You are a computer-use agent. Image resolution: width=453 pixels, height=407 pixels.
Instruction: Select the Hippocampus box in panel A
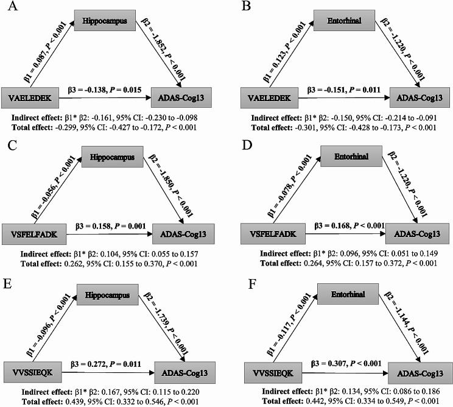(100, 20)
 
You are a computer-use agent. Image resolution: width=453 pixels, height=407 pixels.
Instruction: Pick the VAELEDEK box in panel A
(29, 97)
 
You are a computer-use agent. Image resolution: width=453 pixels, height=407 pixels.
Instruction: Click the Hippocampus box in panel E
(102, 296)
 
